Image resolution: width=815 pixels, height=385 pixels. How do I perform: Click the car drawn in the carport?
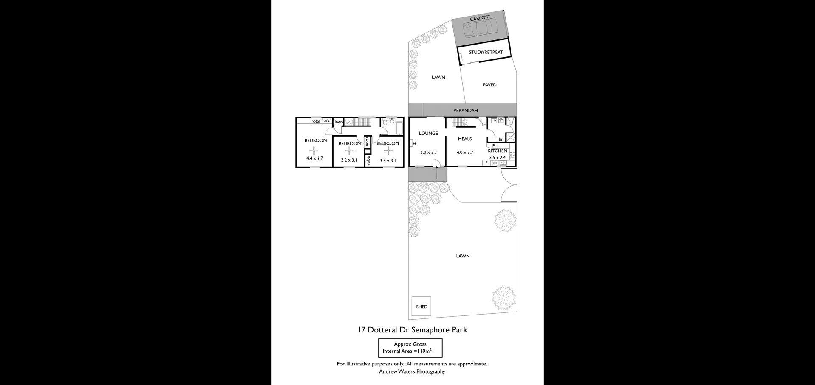coord(477,29)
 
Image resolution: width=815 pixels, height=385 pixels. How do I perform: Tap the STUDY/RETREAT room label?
coord(486,52)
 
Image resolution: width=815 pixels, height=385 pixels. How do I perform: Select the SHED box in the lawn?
coord(422,306)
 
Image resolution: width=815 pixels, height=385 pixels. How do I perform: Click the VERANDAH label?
coord(465,110)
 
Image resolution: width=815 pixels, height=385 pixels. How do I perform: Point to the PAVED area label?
coord(489,85)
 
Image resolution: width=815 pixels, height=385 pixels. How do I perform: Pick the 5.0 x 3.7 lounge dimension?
coord(428,152)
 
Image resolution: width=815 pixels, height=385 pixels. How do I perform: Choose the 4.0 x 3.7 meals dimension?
coord(465,152)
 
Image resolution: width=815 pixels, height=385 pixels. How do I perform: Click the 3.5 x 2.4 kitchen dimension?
coord(497,158)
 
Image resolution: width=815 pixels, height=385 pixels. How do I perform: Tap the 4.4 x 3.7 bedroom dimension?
coord(315,158)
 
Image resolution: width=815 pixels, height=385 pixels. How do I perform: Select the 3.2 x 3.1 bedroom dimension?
coord(349,160)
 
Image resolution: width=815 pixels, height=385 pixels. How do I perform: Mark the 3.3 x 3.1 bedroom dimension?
coord(388,161)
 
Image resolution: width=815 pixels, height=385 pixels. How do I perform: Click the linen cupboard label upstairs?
coord(338,122)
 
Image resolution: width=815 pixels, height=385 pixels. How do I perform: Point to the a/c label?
coord(327,120)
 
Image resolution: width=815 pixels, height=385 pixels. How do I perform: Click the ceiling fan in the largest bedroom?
coord(314,150)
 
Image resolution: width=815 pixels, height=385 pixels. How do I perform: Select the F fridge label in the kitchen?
coord(486,163)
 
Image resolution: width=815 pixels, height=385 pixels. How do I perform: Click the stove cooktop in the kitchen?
coord(512,154)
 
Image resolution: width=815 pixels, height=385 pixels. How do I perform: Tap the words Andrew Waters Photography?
coord(412,371)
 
